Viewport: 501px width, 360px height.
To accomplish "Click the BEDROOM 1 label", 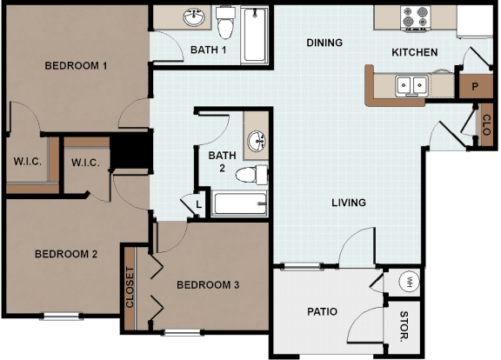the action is pyautogui.click(x=76, y=66).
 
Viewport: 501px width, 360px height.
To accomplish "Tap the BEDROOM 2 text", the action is pyautogui.click(x=66, y=254).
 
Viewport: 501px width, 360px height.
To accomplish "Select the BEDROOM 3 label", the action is pyautogui.click(x=208, y=285).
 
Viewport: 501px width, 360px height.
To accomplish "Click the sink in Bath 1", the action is pyautogui.click(x=194, y=17).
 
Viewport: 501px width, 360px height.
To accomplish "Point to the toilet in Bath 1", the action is pyautogui.click(x=225, y=23).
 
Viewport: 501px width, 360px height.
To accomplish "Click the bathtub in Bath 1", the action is pyautogui.click(x=255, y=35).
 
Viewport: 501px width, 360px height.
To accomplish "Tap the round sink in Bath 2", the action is pyautogui.click(x=257, y=141).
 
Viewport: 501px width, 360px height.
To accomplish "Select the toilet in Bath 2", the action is pyautogui.click(x=251, y=175).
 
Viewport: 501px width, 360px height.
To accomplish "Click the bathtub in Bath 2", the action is pyautogui.click(x=240, y=203).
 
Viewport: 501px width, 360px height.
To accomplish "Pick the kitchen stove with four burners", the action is pyautogui.click(x=415, y=18).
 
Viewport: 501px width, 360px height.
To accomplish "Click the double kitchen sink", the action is pyautogui.click(x=411, y=85).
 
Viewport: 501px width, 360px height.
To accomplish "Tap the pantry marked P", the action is pyautogui.click(x=475, y=86).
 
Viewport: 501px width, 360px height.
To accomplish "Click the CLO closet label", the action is pyautogui.click(x=486, y=125).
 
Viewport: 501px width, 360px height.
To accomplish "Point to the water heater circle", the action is pyautogui.click(x=410, y=282).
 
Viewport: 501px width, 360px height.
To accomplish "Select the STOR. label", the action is pyautogui.click(x=404, y=326).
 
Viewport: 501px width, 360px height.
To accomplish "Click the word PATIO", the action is pyautogui.click(x=322, y=312).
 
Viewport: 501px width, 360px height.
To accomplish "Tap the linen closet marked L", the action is pyautogui.click(x=198, y=204).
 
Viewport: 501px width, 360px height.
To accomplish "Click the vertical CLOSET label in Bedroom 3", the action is pyautogui.click(x=130, y=288).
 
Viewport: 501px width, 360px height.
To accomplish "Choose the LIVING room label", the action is pyautogui.click(x=349, y=203).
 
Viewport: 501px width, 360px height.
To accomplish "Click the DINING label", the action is pyautogui.click(x=324, y=43).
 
